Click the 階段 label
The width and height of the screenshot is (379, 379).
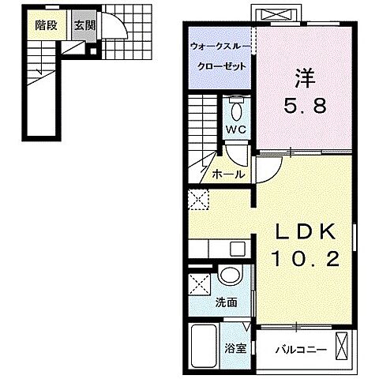click(46, 24)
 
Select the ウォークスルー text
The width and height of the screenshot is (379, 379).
click(220, 47)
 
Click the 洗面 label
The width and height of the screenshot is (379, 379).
click(227, 302)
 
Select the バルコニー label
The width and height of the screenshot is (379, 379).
click(297, 347)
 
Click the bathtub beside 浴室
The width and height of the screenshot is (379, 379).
click(204, 344)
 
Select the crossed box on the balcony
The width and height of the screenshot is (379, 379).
click(343, 345)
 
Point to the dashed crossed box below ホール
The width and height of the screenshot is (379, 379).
click(197, 198)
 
